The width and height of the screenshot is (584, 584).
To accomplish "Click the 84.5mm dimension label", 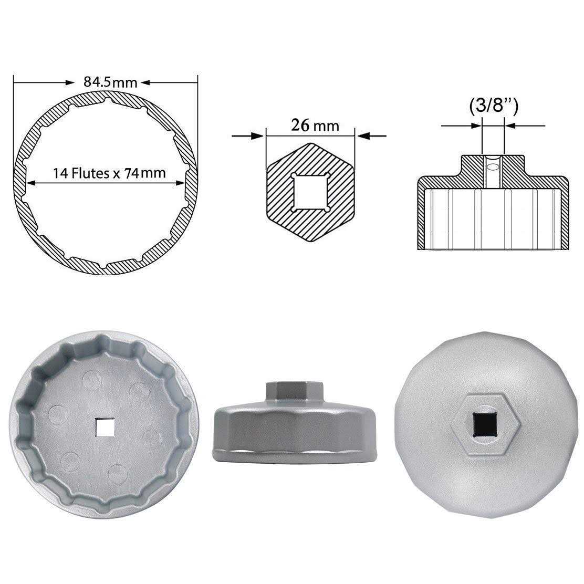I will click(110, 82).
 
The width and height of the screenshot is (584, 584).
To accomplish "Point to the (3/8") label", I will click(493, 107).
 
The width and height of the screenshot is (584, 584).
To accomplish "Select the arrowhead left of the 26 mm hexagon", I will click(258, 137).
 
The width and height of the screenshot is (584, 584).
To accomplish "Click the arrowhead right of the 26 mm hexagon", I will click(363, 137).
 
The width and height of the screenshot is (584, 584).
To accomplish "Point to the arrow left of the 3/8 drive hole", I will click(476, 126).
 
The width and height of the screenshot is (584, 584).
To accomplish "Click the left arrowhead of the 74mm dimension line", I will click(32, 183).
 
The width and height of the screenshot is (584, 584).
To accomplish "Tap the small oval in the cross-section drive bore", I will click(493, 167).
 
